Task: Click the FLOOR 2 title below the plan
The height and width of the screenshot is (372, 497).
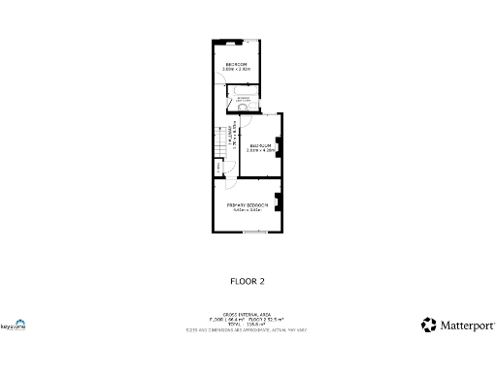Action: point(247,281)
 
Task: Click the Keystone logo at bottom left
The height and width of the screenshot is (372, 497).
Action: point(13,325)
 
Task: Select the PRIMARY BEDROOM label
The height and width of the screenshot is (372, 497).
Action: point(247,205)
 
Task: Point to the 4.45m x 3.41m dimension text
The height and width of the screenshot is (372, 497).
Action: point(247,210)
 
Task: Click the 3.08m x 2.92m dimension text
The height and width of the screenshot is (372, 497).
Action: point(236,69)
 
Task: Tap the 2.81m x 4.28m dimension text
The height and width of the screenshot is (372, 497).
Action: point(260,150)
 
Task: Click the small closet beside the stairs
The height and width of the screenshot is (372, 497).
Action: point(219,167)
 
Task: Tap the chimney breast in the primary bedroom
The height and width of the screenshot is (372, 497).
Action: point(278,202)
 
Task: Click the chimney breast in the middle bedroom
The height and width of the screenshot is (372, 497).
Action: point(278,148)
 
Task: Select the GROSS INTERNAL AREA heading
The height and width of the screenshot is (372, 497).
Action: point(247,315)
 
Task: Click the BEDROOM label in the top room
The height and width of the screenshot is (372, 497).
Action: point(236,64)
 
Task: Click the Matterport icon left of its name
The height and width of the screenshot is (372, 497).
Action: point(428,325)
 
